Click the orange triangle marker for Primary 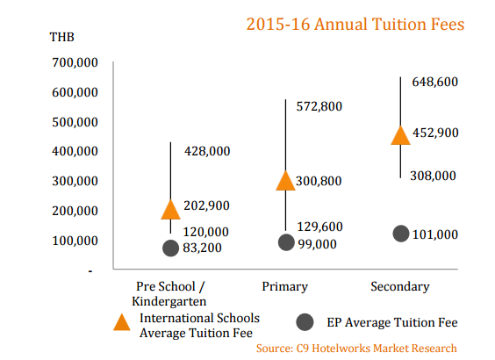(286, 181)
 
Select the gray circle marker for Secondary (401, 234)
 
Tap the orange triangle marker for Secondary (400, 135)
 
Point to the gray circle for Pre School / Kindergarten (171, 248)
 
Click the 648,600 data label (435, 82)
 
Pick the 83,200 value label (203, 248)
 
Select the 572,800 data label (319, 106)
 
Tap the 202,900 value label (207, 205)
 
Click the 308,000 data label (434, 176)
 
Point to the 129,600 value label (320, 227)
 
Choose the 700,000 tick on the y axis (75, 62)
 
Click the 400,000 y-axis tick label (75, 151)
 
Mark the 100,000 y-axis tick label (75, 241)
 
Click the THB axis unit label (61, 37)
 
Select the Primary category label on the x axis (285, 287)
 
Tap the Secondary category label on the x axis (400, 287)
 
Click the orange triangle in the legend (122, 322)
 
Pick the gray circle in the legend (305, 322)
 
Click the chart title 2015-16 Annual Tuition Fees (355, 25)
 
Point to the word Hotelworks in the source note (341, 349)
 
